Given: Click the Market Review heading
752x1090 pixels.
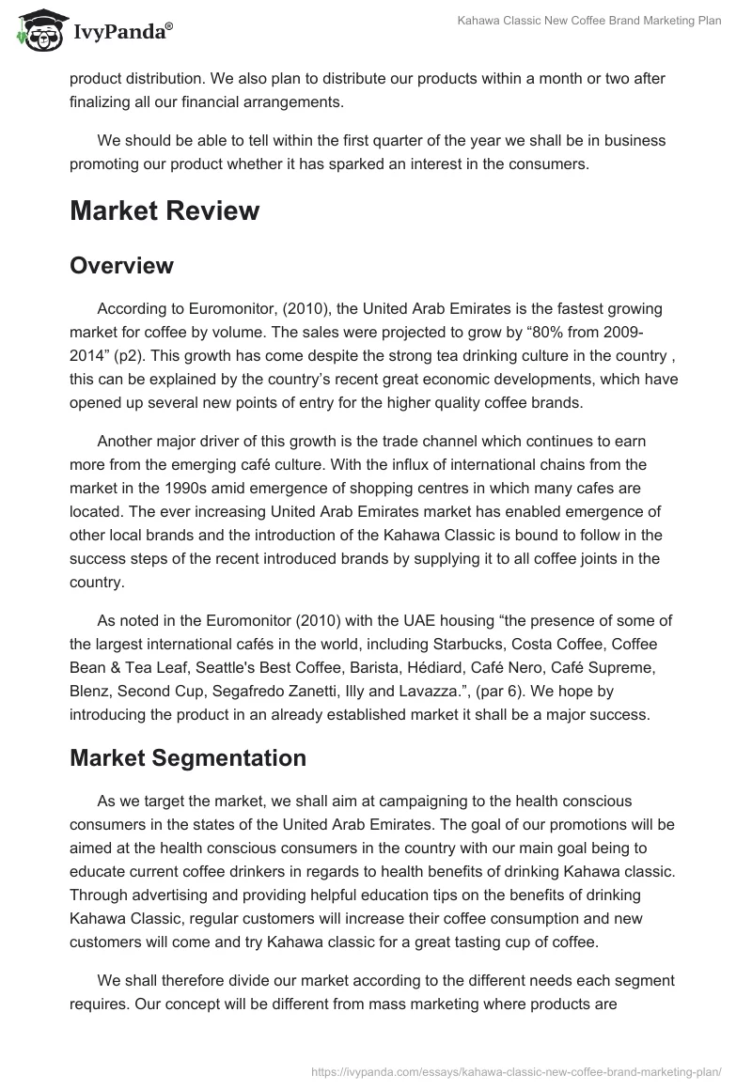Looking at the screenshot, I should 164,210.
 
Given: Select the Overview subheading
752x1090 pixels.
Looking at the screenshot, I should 121,265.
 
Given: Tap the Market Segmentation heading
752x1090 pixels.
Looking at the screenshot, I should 188,758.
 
